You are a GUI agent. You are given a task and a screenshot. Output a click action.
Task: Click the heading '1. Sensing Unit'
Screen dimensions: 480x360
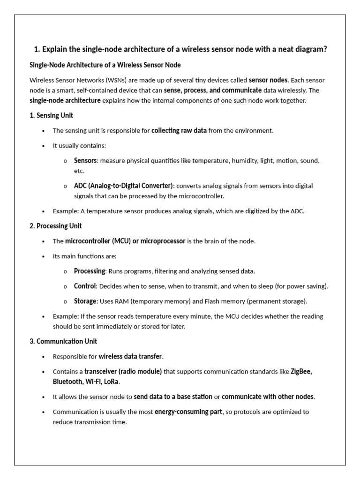tap(51, 115)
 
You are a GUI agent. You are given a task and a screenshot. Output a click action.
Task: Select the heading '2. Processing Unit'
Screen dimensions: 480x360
tap(55, 226)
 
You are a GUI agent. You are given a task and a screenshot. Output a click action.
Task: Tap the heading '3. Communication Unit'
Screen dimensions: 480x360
tap(63, 341)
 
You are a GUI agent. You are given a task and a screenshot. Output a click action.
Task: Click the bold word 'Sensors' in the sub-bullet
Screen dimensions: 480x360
tap(85, 160)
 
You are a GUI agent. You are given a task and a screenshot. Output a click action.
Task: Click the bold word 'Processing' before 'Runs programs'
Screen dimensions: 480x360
tap(90, 271)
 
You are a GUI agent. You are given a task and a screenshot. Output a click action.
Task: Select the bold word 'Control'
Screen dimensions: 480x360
tap(85, 286)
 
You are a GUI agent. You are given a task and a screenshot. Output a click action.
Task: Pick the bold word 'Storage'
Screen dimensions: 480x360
tap(85, 301)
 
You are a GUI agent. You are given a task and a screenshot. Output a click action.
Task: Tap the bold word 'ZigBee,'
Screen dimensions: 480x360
tap(301, 371)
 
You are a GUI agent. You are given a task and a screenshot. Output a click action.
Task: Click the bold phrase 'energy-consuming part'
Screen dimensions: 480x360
tap(188, 412)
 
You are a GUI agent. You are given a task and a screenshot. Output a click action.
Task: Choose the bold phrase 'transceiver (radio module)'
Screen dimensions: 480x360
tap(123, 371)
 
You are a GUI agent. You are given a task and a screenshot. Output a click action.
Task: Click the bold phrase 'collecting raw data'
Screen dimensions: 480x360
tap(179, 130)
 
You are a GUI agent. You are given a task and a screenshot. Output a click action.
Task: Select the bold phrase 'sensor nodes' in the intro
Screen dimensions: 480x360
tap(268, 80)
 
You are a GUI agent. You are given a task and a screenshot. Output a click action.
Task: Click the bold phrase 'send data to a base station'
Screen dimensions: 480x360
tap(173, 397)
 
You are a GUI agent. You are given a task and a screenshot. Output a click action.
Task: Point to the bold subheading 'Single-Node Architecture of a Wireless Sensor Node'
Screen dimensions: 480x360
tap(105, 65)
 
